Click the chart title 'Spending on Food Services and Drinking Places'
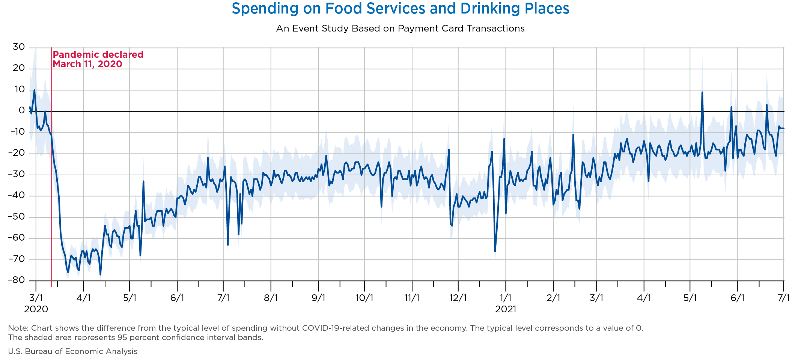point(400,9)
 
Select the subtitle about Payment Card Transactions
point(400,29)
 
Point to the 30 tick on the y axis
point(19,47)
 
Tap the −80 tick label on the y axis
point(17,280)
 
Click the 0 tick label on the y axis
point(22,111)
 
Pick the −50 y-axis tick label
point(17,217)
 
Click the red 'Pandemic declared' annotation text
point(98,55)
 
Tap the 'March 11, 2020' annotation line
point(87,64)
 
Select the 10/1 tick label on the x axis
point(364,298)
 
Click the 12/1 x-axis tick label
point(458,298)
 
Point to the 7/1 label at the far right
point(783,298)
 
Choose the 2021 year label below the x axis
point(506,309)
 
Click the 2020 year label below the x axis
point(36,309)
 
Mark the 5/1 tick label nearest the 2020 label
point(129,298)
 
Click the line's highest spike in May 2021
point(702,92)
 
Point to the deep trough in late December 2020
point(495,251)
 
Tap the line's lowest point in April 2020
point(100,274)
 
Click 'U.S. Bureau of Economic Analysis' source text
point(73,351)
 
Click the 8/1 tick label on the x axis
point(271,298)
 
